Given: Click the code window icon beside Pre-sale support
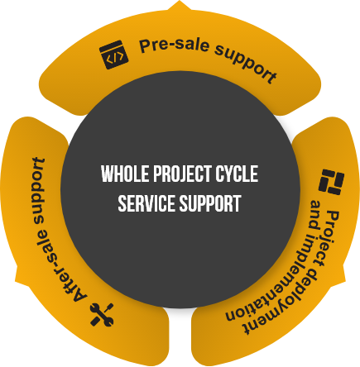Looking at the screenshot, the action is [113, 55].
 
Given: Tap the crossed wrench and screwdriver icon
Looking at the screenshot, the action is [102, 315].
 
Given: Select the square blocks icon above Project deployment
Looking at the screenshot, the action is [331, 182].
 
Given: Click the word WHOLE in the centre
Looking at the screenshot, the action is [125, 174].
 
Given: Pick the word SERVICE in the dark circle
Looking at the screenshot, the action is [147, 203].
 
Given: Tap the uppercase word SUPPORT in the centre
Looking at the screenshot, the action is [210, 203].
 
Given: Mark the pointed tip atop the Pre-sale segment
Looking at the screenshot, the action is [180, 1].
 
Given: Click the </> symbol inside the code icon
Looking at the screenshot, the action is [115, 58].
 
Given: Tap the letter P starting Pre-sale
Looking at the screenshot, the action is [145, 45].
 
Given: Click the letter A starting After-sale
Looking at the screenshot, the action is [79, 296].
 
